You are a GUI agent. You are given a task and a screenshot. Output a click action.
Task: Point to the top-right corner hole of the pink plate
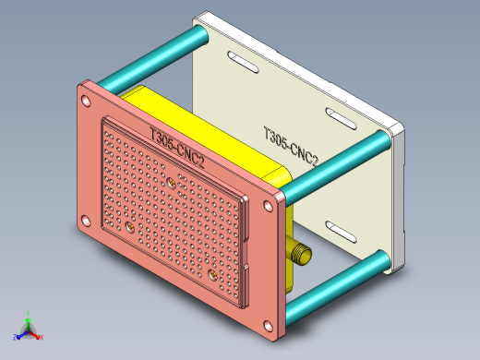click(277, 199)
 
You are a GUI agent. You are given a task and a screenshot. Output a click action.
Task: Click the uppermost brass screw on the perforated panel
click(173, 184)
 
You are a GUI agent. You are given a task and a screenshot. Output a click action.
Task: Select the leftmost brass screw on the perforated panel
click(129, 225)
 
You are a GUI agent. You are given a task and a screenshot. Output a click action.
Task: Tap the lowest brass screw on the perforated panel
click(213, 274)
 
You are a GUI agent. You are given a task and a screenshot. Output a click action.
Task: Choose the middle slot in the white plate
click(339, 117)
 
